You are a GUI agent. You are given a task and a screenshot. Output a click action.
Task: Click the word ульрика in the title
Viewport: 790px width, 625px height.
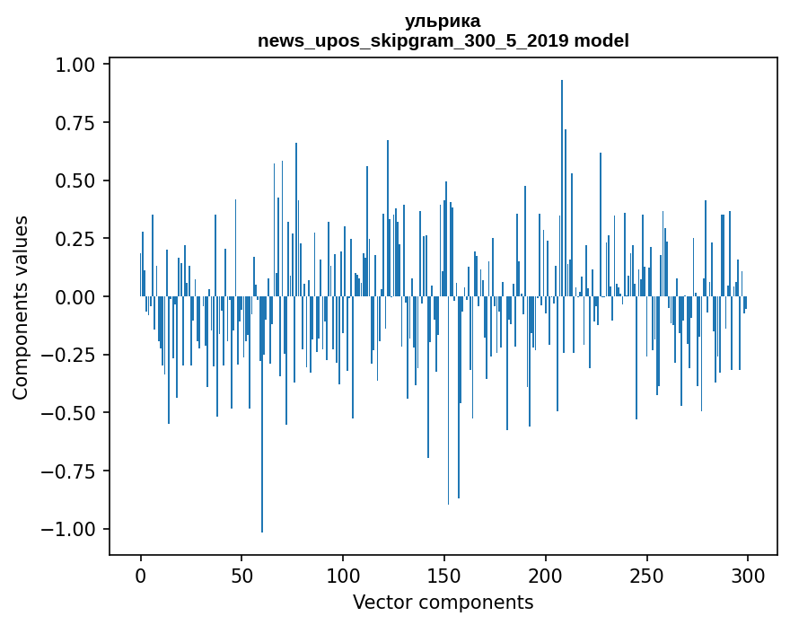click(x=443, y=21)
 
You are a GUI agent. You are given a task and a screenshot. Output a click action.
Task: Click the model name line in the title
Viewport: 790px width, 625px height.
click(x=443, y=40)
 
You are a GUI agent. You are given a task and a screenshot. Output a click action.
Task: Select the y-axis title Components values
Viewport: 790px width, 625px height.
click(x=20, y=307)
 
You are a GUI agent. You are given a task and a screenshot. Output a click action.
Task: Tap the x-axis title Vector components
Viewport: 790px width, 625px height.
click(x=443, y=603)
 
